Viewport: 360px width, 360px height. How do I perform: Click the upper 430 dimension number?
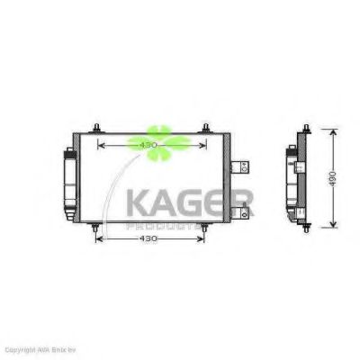148,143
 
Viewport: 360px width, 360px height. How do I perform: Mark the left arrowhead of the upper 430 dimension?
101,143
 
